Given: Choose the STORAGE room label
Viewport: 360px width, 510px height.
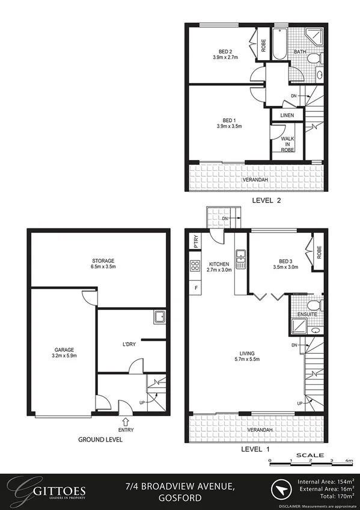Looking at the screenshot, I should click(102, 260).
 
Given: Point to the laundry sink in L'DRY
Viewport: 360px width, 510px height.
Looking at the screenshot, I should click(159, 318).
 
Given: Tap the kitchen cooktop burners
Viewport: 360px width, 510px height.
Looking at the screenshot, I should click(195, 266).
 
